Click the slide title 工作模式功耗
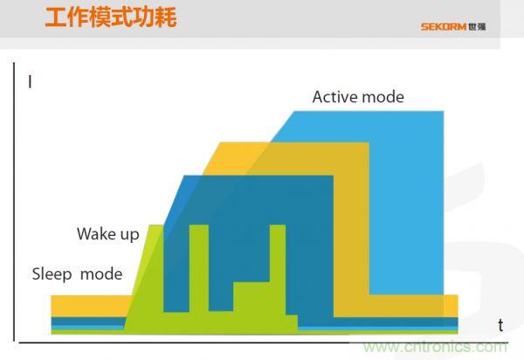coord(110,16)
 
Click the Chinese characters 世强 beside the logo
coord(477,26)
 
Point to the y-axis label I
coord(31,84)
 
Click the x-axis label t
coord(500,325)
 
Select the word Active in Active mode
coord(335,97)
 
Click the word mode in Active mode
coord(383,97)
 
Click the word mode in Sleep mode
coord(101,273)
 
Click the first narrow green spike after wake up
coord(198,262)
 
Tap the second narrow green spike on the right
coord(278,262)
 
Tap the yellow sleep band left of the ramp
coord(87,305)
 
